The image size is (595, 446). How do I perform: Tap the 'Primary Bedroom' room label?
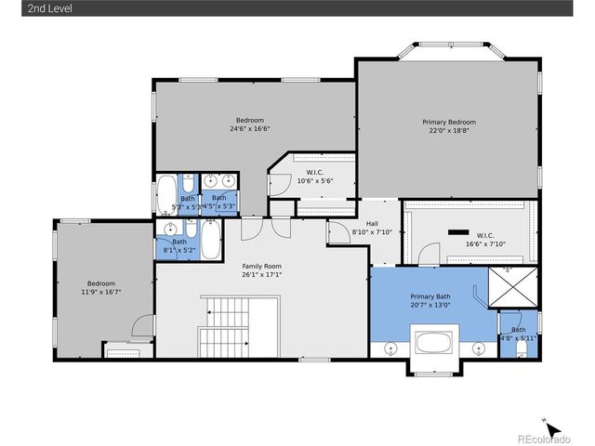pos(449,122)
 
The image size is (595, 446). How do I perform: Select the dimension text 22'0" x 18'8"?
pos(449,131)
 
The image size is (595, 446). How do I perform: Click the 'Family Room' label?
pos(261,266)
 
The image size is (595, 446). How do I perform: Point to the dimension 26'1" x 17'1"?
pos(261,275)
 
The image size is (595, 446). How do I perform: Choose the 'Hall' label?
pos(372,223)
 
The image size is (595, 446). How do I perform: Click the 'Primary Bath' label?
pos(430,295)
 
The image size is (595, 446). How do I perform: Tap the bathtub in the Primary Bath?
pos(432,342)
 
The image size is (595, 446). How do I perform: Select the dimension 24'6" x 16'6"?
pos(250,129)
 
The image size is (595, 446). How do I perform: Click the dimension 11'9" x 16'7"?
pos(101,292)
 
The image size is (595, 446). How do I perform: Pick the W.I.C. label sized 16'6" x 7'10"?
pos(485,235)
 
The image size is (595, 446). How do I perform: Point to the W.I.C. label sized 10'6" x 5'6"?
pos(314,172)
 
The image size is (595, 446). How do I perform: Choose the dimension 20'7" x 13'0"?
pos(430,305)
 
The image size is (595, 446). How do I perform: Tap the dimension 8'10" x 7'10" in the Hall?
pos(372,232)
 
